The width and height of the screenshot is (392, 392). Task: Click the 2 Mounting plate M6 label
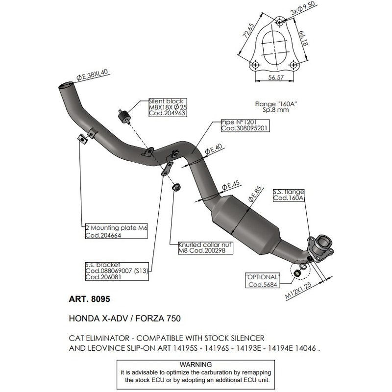pos(115,232)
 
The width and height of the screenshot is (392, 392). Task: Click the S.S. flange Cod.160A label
pos(289,195)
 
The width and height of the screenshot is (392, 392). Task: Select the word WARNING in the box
pos(196,365)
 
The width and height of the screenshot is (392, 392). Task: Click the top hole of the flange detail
pos(279,22)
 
